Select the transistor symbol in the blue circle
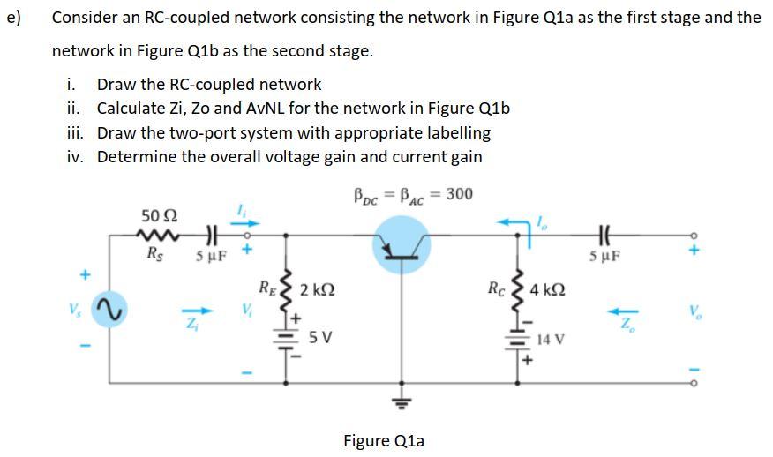point(402,242)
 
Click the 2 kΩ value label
point(317,289)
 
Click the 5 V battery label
point(321,337)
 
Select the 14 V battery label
point(552,338)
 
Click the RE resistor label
point(266,286)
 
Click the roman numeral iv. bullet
point(75,157)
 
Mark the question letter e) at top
point(15,17)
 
